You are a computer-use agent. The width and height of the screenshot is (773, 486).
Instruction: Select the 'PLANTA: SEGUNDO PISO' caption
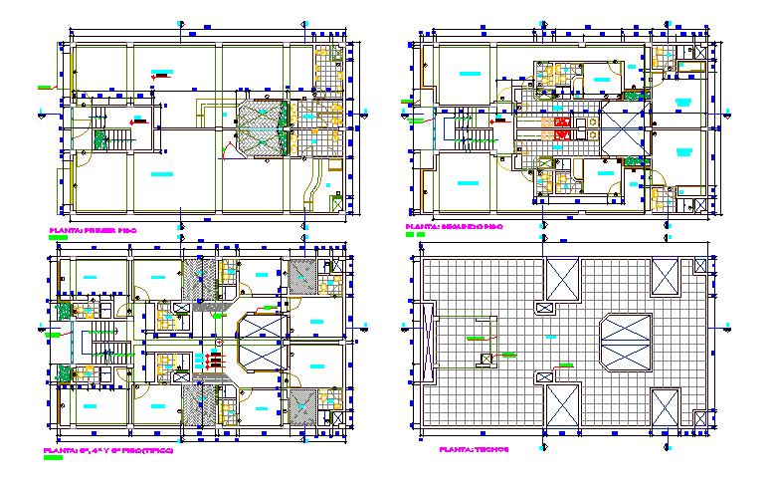click(453, 227)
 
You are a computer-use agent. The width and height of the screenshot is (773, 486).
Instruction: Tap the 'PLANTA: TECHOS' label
click(474, 450)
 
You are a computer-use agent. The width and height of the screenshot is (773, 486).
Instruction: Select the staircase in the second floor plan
click(465, 129)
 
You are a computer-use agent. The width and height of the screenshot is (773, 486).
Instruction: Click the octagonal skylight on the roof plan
click(624, 340)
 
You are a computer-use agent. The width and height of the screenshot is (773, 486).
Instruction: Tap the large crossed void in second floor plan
click(622, 128)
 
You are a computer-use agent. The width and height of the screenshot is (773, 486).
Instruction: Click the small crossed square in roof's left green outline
click(486, 361)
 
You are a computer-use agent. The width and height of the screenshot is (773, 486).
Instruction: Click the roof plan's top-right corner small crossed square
click(700, 266)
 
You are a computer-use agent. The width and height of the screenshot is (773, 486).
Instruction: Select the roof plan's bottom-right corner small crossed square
click(700, 418)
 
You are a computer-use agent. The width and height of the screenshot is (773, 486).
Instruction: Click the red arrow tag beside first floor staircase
click(140, 121)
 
